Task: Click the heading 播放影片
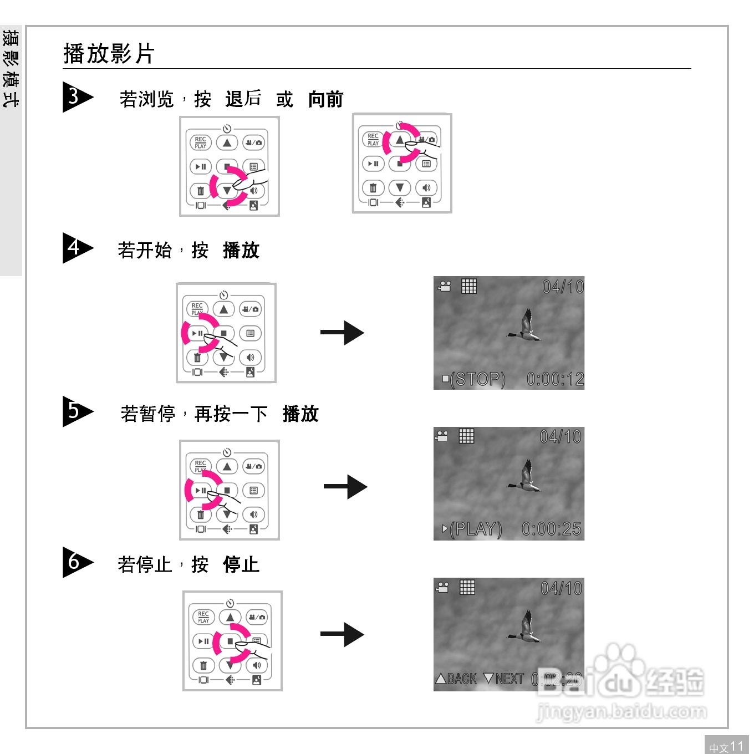109,54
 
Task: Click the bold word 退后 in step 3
243,99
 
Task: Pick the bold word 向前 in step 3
326,99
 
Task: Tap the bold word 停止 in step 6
241,564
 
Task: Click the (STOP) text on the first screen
477,379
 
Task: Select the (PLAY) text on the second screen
475,529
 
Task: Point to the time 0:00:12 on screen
555,379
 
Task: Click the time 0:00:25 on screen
552,529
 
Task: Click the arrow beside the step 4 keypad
342,333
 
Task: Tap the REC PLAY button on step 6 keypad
203,617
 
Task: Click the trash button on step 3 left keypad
200,191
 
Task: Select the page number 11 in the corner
736,746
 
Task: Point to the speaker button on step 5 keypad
253,514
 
